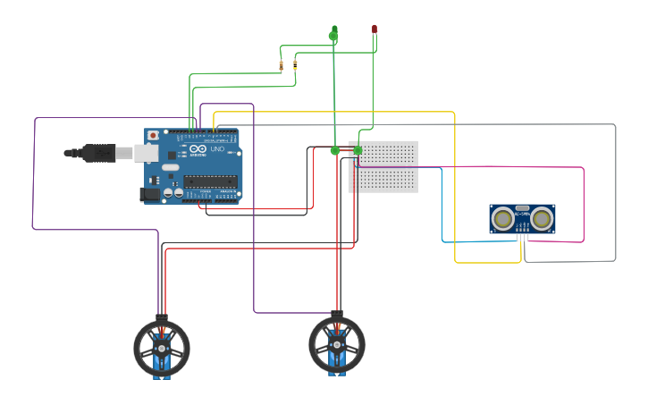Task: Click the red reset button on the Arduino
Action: (153, 135)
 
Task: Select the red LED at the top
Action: (374, 30)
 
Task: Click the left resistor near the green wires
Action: (282, 66)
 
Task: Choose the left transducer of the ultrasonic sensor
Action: (504, 217)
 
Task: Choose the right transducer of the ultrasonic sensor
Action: (541, 217)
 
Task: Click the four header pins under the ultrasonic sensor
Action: (522, 236)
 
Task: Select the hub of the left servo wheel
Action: (162, 347)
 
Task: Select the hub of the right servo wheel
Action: (337, 344)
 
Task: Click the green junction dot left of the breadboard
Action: (335, 150)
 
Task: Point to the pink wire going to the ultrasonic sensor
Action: (583, 206)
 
